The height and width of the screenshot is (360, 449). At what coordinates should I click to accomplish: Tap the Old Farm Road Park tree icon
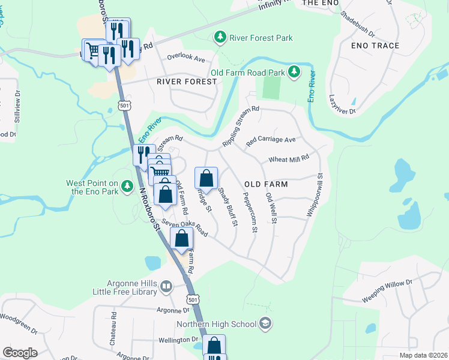[x=294, y=73]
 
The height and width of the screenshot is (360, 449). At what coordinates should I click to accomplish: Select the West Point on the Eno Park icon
[x=127, y=187]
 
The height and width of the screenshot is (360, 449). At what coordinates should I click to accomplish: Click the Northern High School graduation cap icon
[x=266, y=324]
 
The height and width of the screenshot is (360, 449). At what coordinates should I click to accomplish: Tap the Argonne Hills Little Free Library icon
[x=166, y=288]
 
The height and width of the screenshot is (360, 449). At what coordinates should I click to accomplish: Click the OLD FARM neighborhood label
[x=266, y=184]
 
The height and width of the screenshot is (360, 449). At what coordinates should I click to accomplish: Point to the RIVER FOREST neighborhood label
[x=186, y=82]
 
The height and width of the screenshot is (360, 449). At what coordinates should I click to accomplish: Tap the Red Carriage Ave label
[x=271, y=140]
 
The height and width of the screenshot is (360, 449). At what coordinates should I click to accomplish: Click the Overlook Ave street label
[x=186, y=59]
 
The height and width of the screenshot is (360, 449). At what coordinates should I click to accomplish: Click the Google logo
[x=20, y=353]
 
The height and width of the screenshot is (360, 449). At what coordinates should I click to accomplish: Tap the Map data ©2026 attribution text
[x=423, y=355]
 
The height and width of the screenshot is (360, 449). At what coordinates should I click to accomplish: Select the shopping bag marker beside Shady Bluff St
[x=206, y=178]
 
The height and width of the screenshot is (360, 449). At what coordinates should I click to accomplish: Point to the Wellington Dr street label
[x=178, y=340]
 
